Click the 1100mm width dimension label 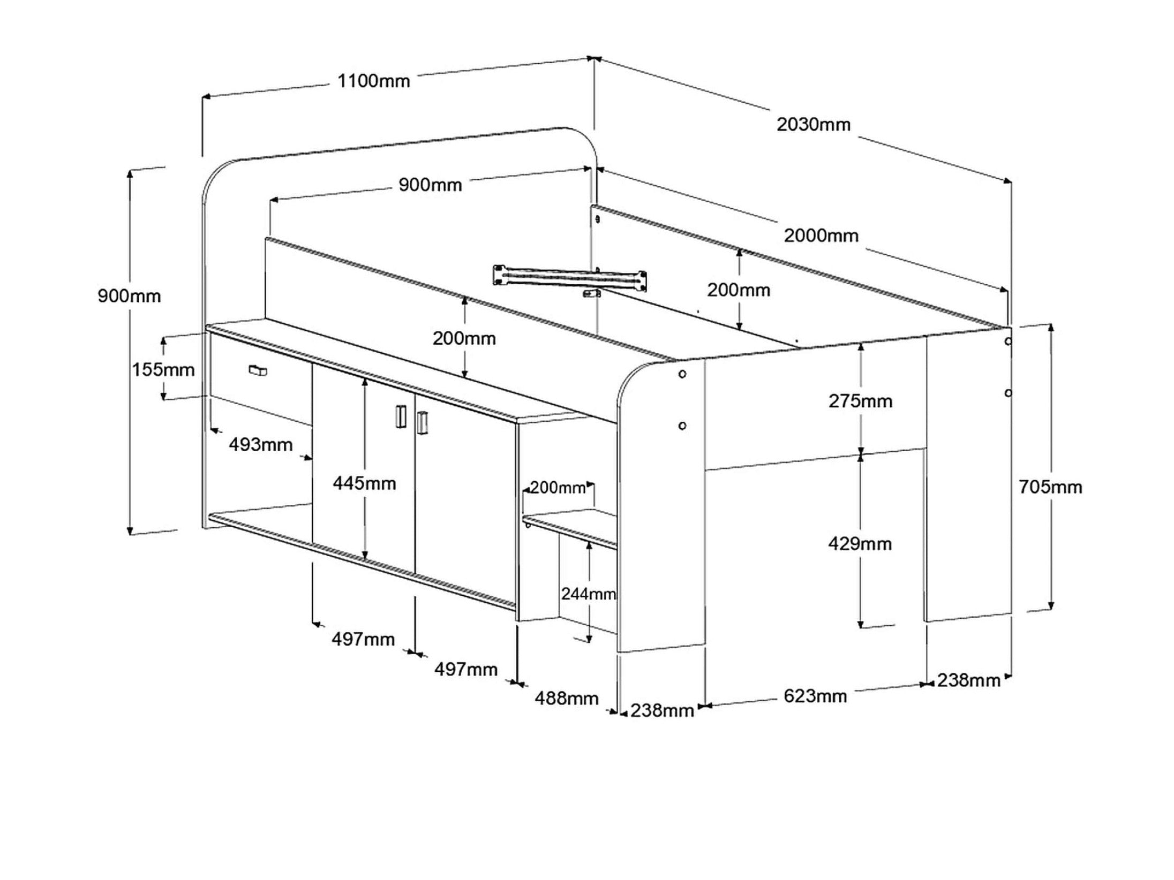point(373,81)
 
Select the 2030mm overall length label point(813,125)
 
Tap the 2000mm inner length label point(821,236)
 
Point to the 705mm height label point(1050,487)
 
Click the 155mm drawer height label point(163,370)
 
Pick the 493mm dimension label point(261,444)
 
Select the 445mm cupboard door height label point(364,483)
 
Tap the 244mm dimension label point(588,594)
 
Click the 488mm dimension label point(567,698)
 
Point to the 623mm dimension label point(815,696)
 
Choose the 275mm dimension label point(861,401)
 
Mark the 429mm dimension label point(860,544)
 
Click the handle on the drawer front point(258,370)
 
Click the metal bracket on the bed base point(571,277)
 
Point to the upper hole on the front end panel point(682,374)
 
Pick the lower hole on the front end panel point(682,426)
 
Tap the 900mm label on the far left point(129,296)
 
